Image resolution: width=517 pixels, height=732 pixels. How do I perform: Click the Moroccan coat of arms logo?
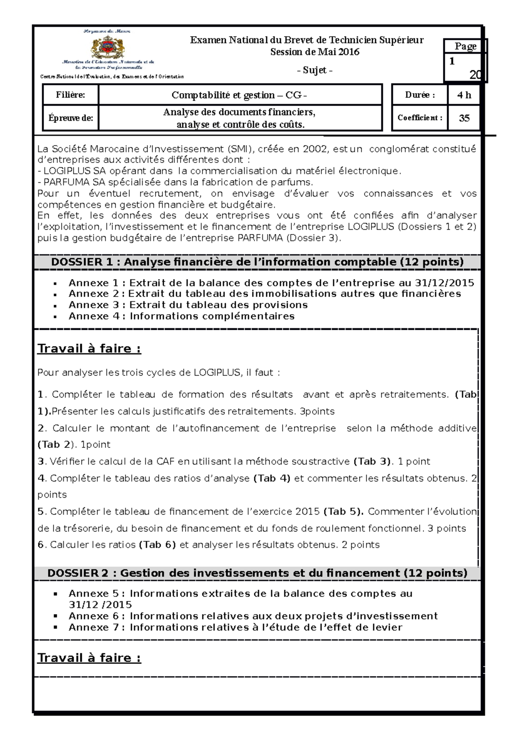108,46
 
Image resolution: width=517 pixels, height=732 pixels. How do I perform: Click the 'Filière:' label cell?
70,95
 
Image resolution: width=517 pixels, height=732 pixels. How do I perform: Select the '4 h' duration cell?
464,95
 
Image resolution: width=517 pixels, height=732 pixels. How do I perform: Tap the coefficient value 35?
464,118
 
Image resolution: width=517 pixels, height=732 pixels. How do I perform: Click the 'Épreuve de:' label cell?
71,118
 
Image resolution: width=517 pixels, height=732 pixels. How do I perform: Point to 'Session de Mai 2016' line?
315,52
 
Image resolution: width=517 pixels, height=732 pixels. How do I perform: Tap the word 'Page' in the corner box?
465,46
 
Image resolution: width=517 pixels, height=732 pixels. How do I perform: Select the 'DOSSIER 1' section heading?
257,262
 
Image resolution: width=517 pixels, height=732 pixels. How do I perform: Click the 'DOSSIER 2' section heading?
257,573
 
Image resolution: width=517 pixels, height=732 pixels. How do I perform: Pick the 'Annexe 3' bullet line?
188,305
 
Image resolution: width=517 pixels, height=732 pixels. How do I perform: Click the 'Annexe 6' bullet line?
253,616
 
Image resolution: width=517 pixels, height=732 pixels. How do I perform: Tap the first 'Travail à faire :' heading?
89,348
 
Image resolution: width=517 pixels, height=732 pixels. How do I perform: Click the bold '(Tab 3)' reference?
372,461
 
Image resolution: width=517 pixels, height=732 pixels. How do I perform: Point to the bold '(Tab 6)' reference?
157,544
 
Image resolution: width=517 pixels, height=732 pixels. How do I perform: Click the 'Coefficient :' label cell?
420,118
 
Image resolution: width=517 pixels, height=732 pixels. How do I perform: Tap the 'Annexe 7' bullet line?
235,627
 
